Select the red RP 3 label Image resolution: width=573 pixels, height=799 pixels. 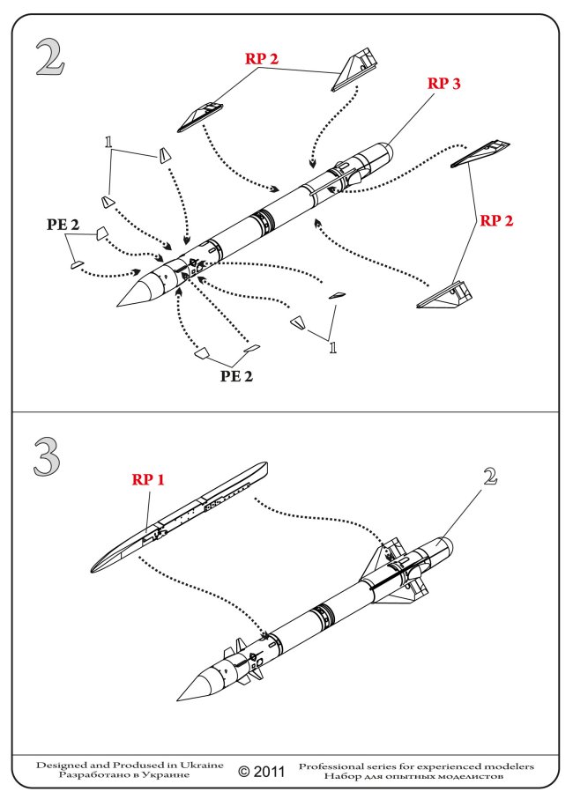pyautogui.click(x=444, y=84)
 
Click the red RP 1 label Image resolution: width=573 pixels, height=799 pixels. pyautogui.click(x=149, y=479)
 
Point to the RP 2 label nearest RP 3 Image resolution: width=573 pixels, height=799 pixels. pyautogui.click(x=263, y=59)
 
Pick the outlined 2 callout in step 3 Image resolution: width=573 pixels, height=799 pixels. pyautogui.click(x=491, y=477)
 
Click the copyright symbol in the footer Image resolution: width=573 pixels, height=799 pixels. pyautogui.click(x=246, y=772)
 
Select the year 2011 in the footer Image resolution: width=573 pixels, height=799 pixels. pyautogui.click(x=271, y=772)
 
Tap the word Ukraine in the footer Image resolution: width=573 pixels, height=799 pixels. pyautogui.click(x=202, y=765)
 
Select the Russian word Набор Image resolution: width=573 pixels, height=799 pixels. pyautogui.click(x=343, y=777)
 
